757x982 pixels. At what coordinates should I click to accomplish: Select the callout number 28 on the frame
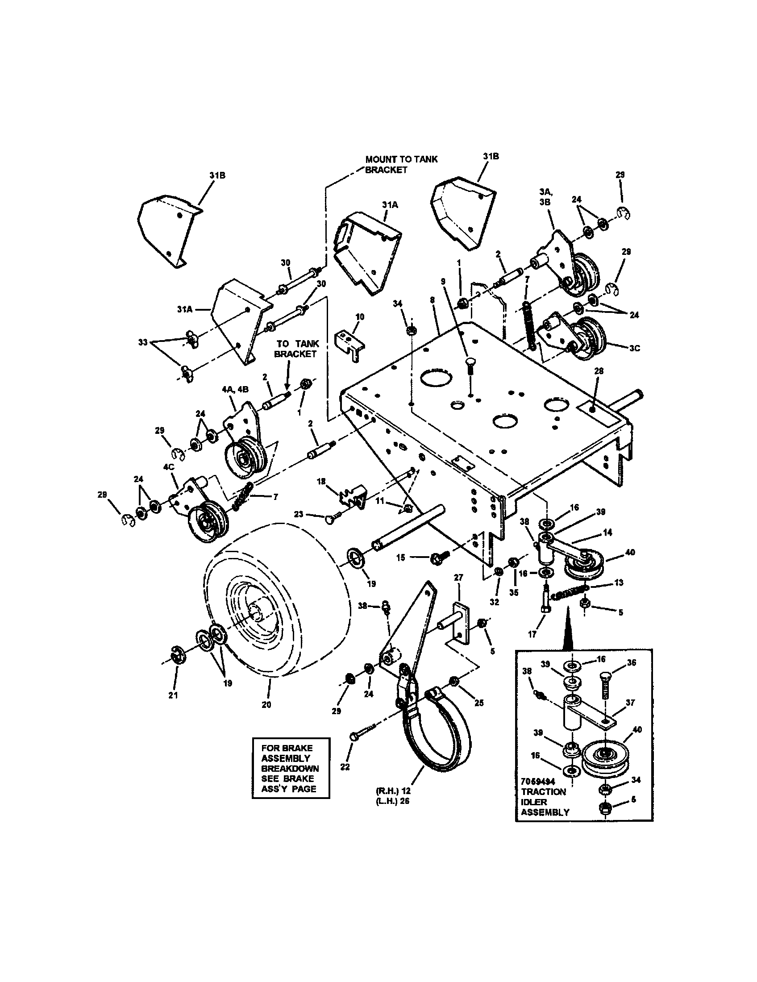pyautogui.click(x=598, y=371)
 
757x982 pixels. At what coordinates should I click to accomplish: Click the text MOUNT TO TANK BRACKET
pyautogui.click(x=401, y=164)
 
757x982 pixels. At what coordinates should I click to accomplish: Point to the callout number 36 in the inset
pyautogui.click(x=631, y=662)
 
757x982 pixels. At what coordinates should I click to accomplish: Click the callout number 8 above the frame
pyautogui.click(x=432, y=299)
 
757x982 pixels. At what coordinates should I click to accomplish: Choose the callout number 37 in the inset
pyautogui.click(x=630, y=702)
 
